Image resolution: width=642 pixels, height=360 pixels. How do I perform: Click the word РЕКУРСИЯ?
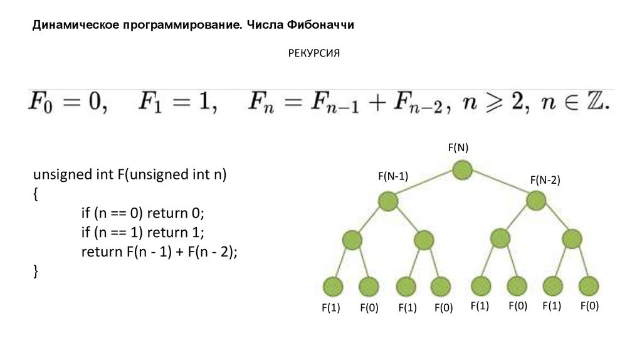coord(313,54)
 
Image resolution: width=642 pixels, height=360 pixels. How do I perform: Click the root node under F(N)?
coord(462,170)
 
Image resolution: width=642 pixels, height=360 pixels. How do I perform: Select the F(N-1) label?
coord(393,177)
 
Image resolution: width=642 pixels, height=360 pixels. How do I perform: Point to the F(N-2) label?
coord(545,180)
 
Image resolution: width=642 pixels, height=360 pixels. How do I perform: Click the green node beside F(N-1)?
coord(388,201)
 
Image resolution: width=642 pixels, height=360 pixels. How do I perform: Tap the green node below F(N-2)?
coord(536,201)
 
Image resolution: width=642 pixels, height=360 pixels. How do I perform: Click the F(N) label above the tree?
coord(458,147)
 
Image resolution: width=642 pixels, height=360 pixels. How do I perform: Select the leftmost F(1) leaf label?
coord(330,308)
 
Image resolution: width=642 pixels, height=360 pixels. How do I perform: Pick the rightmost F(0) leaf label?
coord(589,306)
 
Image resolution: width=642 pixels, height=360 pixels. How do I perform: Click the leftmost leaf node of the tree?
coord(333,286)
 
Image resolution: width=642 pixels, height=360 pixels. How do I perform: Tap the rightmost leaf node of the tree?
coord(589,286)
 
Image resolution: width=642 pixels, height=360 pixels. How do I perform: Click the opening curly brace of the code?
coord(36,194)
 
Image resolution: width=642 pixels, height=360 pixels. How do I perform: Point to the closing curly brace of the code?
coord(36,270)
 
